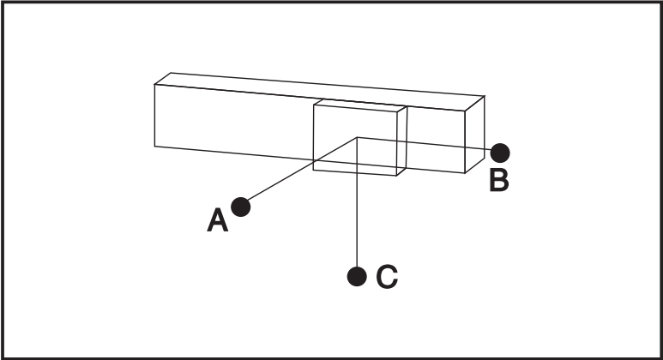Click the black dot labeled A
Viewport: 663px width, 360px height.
pyautogui.click(x=241, y=207)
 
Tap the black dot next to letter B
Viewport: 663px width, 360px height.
pyautogui.click(x=500, y=153)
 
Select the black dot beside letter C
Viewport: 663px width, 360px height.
pyautogui.click(x=357, y=277)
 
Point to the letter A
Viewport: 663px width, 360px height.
pyautogui.click(x=217, y=220)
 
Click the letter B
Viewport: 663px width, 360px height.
pyautogui.click(x=499, y=180)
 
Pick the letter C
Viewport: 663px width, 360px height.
pyautogui.click(x=387, y=277)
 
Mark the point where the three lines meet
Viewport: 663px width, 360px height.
pyautogui.click(x=358, y=137)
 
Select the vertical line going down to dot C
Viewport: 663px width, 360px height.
pyautogui.click(x=358, y=202)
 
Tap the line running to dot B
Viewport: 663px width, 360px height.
pyautogui.click(x=425, y=144)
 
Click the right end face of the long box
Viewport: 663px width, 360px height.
pyautogui.click(x=475, y=135)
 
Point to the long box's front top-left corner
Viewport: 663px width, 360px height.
pyautogui.click(x=154, y=85)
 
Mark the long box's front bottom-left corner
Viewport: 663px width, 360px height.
pyautogui.click(x=154, y=147)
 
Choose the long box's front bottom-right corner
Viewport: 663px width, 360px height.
pyautogui.click(x=465, y=173)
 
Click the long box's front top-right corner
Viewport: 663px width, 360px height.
pyautogui.click(x=465, y=111)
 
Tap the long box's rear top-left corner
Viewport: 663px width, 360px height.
pyautogui.click(x=171, y=73)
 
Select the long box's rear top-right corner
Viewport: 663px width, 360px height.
pyautogui.click(x=485, y=96)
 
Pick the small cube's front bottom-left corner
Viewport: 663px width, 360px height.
pyautogui.click(x=313, y=170)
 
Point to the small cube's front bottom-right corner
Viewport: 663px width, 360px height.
pyautogui.click(x=396, y=176)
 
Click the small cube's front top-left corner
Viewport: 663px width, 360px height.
pyautogui.click(x=314, y=105)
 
